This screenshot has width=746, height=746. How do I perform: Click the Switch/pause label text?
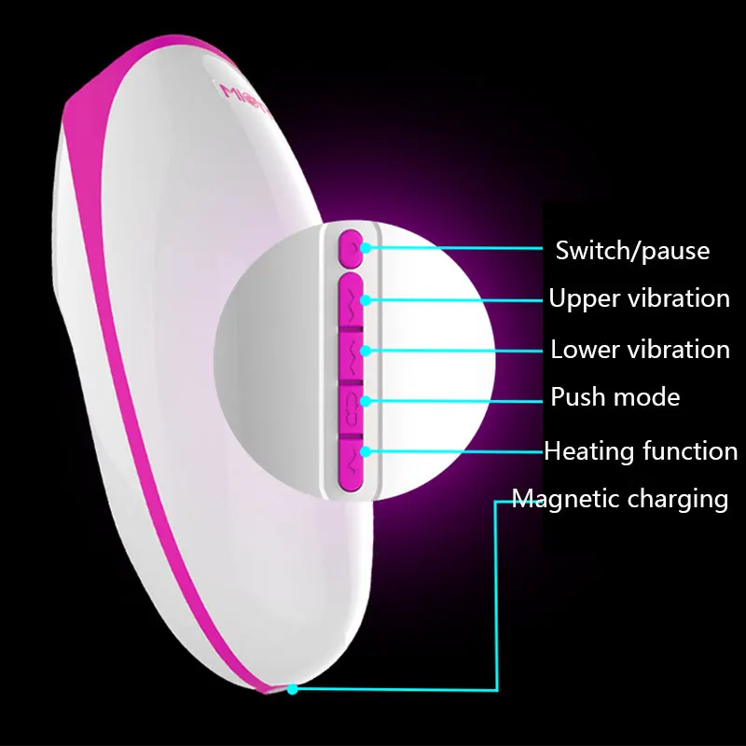[x=632, y=250]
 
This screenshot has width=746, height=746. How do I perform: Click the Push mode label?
[x=615, y=397]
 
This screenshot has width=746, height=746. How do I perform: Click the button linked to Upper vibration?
[x=352, y=299]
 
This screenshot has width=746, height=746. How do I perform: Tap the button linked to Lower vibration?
[x=352, y=351]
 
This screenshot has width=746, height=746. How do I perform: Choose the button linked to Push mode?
[x=352, y=402]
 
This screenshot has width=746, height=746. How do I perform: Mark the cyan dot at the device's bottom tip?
[x=293, y=690]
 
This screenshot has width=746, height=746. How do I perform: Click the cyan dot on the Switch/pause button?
[x=366, y=248]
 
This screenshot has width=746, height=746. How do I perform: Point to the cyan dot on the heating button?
[x=366, y=451]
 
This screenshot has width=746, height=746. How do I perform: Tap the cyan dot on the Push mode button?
[x=366, y=401]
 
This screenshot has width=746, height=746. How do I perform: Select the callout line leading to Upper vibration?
[x=457, y=300]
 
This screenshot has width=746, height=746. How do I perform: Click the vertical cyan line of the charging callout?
[x=497, y=597]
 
